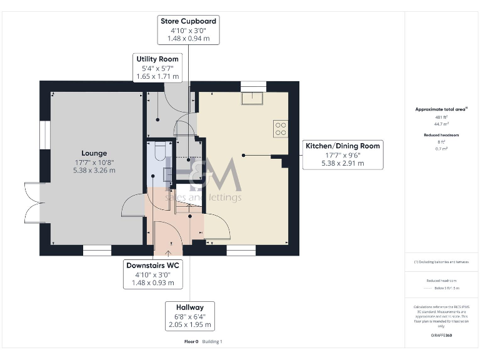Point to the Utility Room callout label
(157, 67)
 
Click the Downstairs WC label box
(153, 274)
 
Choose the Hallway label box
(190, 316)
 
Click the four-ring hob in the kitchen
(281, 129)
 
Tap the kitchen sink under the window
(253, 97)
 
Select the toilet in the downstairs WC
(159, 151)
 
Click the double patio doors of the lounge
(32, 204)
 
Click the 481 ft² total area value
(441, 117)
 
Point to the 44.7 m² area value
(441, 124)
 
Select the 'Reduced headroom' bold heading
(441, 135)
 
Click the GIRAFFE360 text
(441, 336)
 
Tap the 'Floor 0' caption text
(191, 341)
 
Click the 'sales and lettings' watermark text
(202, 197)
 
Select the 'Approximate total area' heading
(441, 109)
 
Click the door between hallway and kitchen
(217, 228)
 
